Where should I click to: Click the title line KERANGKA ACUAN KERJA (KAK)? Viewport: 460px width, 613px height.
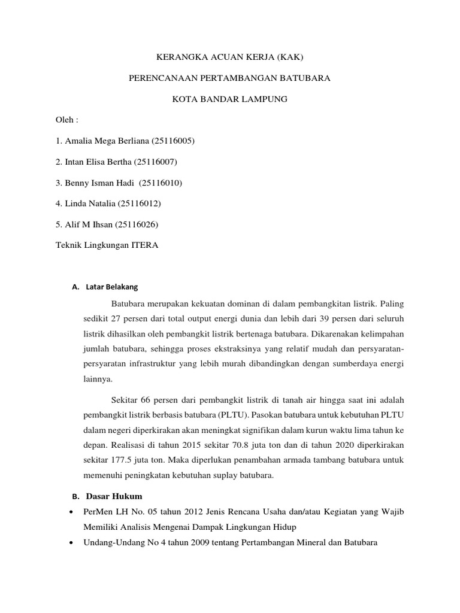pyautogui.click(x=230, y=57)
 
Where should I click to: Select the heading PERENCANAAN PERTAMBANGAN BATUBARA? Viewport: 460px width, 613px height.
pyautogui.click(x=230, y=78)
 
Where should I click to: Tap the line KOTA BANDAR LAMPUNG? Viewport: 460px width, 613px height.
pyautogui.click(x=230, y=99)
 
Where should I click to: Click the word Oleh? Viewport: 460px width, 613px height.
pyautogui.click(x=64, y=120)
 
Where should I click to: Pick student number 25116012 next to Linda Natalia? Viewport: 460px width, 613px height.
pyautogui.click(x=140, y=204)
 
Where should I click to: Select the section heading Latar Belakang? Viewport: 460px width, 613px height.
pyautogui.click(x=112, y=286)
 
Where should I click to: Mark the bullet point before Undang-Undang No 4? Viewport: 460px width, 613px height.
pyautogui.click(x=72, y=543)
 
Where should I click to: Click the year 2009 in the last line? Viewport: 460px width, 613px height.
pyautogui.click(x=191, y=543)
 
